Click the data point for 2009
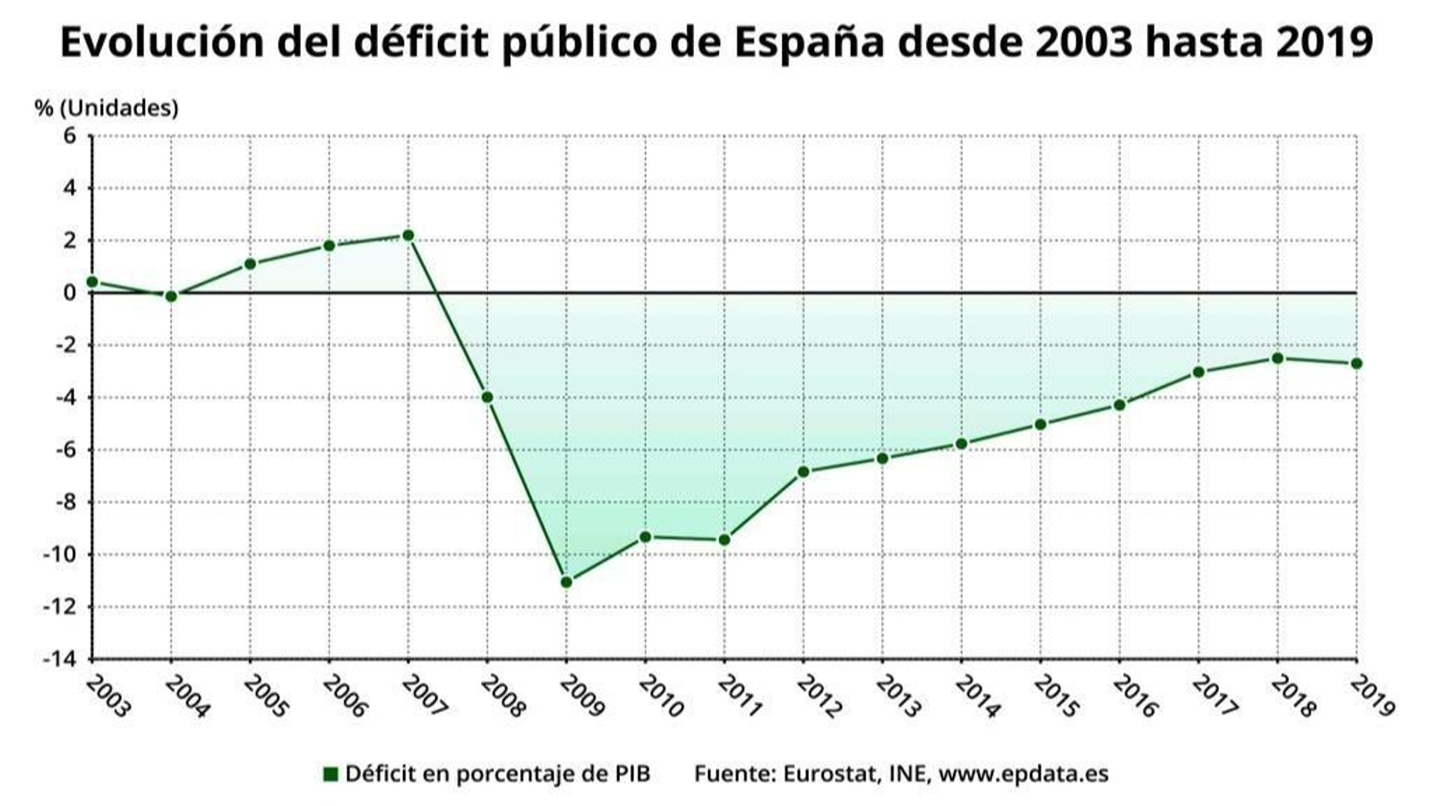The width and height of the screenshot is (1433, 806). tap(566, 582)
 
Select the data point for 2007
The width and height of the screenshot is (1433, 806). tap(408, 236)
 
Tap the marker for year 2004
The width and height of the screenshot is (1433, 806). tap(171, 296)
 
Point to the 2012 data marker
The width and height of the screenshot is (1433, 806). tap(803, 472)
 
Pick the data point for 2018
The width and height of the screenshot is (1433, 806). tap(1277, 358)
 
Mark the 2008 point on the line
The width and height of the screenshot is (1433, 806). tap(487, 397)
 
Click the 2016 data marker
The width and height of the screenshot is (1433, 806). tap(1120, 405)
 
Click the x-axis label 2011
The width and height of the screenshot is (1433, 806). tap(739, 696)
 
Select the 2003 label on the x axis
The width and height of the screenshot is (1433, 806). tap(107, 696)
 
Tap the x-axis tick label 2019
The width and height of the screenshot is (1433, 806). tap(1371, 696)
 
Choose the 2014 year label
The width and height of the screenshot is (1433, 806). tap(976, 696)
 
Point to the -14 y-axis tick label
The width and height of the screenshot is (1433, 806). tap(60, 658)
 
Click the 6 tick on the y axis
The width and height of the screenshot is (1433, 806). tap(70, 136)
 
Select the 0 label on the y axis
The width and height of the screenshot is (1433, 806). tap(70, 293)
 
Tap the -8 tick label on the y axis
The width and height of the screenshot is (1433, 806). tap(64, 502)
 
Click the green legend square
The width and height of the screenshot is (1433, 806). tap(330, 774)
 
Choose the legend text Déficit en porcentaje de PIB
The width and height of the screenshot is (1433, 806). tap(497, 774)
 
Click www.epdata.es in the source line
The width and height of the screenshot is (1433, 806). tap(1023, 774)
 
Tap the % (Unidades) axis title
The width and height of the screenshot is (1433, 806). tap(107, 107)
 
